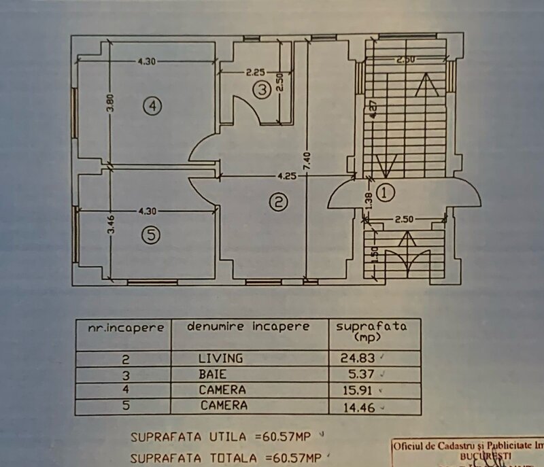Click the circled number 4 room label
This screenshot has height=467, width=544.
[x=152, y=105]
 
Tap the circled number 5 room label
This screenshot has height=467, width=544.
[x=151, y=235]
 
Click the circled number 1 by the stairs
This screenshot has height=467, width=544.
[x=386, y=193]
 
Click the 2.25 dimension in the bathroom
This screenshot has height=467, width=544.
[x=255, y=71]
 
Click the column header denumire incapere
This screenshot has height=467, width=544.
[x=248, y=326]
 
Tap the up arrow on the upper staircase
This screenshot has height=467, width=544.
[x=428, y=85]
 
